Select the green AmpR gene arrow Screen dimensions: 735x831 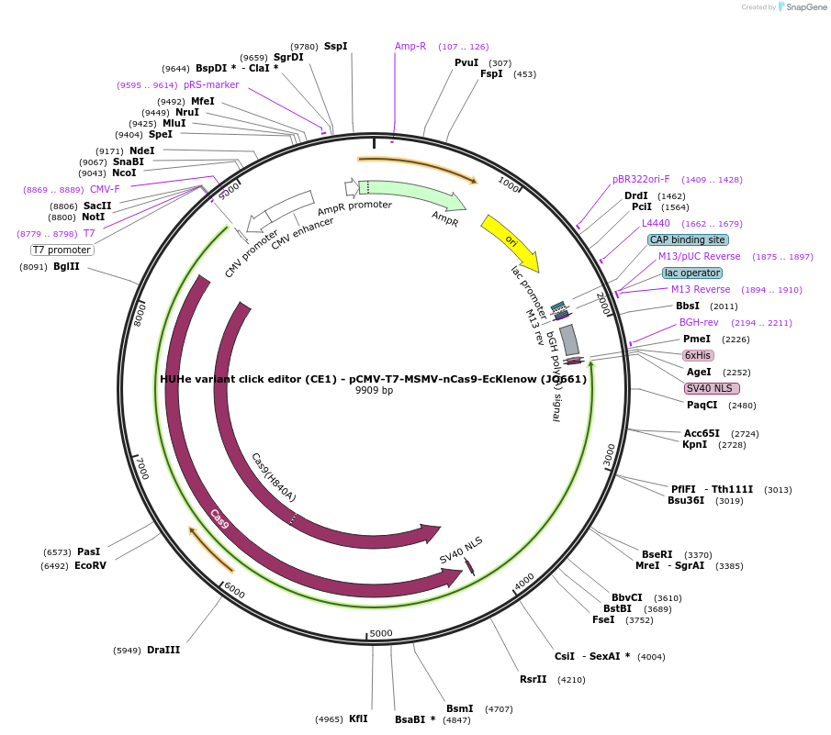[x=413, y=194]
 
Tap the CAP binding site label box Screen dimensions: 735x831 [x=688, y=240]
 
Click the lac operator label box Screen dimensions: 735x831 [x=692, y=273]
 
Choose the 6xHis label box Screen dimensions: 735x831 [x=698, y=355]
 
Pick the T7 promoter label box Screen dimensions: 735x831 [x=62, y=250]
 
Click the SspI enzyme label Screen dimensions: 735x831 [x=335, y=46]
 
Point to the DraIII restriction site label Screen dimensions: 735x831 [x=163, y=650]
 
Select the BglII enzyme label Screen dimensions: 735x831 [x=66, y=267]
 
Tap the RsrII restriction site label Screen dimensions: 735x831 [x=533, y=680]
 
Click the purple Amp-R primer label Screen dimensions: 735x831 [x=410, y=46]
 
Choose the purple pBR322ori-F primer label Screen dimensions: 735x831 [x=641, y=180]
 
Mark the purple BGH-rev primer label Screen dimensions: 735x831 [x=699, y=323]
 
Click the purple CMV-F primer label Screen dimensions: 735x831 [x=105, y=189]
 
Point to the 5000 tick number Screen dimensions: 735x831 [x=381, y=633]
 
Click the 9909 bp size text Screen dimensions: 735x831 [x=374, y=390]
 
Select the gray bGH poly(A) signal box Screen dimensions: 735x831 [x=569, y=340]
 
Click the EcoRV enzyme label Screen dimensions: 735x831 [x=90, y=566]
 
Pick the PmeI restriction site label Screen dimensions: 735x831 [x=697, y=340]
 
